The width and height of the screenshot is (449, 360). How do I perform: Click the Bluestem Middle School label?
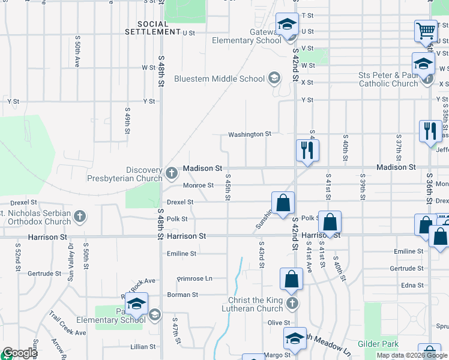point(219,79)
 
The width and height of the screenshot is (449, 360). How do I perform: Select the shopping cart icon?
point(426,30)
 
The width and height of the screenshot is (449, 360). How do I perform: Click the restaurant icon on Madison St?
point(307,151)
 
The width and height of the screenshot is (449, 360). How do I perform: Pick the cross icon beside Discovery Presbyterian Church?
point(172,174)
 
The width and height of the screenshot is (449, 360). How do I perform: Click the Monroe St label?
point(198,185)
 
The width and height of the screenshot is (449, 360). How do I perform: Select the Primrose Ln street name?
point(194,279)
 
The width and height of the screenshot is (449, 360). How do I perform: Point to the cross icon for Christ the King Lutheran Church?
point(292,302)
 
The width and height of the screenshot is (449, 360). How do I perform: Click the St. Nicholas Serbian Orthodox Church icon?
point(81,215)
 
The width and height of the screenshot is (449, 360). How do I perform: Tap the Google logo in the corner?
point(19,353)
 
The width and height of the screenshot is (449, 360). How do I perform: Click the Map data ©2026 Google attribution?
point(412,355)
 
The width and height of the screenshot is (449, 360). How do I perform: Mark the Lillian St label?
point(143,347)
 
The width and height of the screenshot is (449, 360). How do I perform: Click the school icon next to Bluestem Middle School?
point(274,77)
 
